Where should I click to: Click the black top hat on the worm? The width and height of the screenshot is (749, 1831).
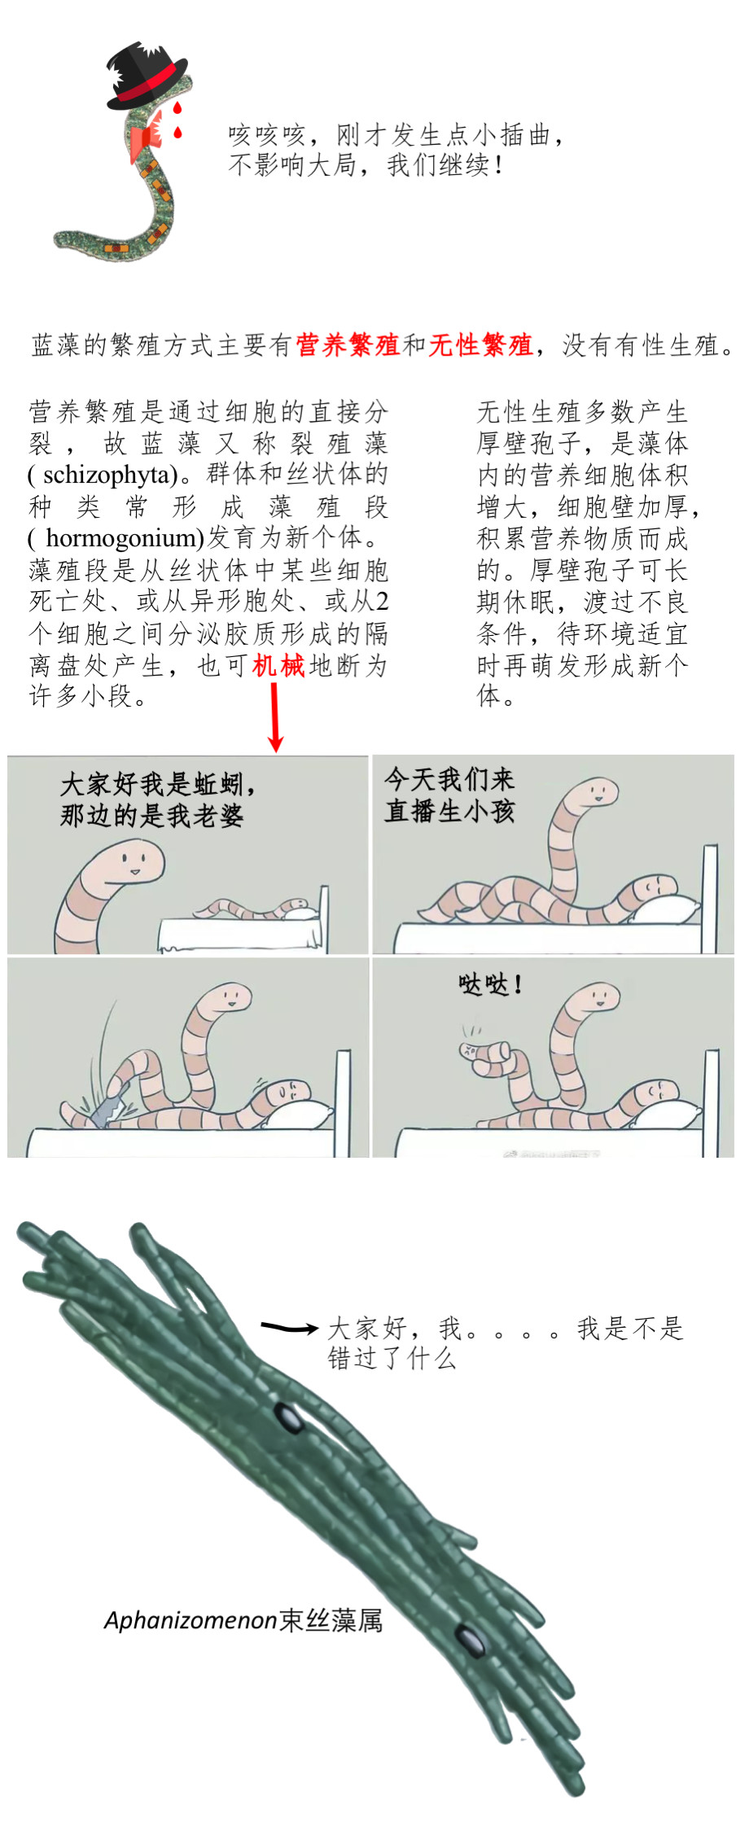coord(147,76)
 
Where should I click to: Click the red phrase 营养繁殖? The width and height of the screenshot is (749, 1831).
coord(348,345)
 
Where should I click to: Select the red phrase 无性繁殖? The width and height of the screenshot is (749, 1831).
coord(480,345)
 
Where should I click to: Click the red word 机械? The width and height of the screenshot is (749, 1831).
coord(278,666)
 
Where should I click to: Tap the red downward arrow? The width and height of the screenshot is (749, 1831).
coord(275,717)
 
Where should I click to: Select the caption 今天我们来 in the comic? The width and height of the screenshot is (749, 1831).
coord(449,779)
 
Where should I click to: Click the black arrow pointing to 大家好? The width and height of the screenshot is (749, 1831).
coord(289,1328)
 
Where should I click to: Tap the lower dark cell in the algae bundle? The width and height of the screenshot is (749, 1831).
coord(470,1640)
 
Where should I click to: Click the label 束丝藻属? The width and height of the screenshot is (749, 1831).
coord(331,1620)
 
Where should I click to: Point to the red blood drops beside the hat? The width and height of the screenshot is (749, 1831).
coord(177,119)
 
